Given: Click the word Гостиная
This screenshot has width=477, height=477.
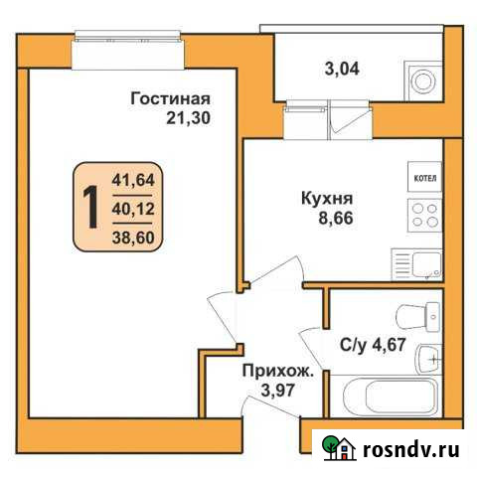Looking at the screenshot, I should pos(171,98).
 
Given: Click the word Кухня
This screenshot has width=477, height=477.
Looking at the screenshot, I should pos(327,196).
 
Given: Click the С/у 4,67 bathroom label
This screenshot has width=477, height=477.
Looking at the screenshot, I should pos(373,346).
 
